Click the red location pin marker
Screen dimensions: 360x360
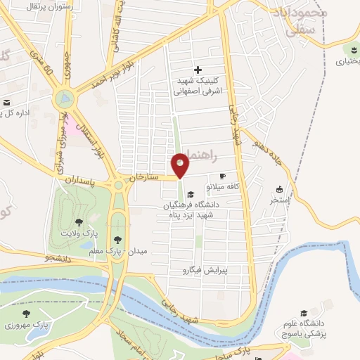[181, 166]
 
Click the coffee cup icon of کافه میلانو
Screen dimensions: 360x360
[223, 176]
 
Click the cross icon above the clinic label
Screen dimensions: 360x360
[198, 70]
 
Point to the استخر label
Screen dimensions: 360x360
[279, 200]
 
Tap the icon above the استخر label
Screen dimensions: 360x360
[279, 189]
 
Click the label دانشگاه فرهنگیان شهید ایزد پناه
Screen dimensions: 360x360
[190, 209]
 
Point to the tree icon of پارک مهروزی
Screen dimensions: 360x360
[26, 314]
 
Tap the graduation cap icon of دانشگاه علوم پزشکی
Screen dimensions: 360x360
[304, 314]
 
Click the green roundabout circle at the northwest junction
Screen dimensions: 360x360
[65, 99]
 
